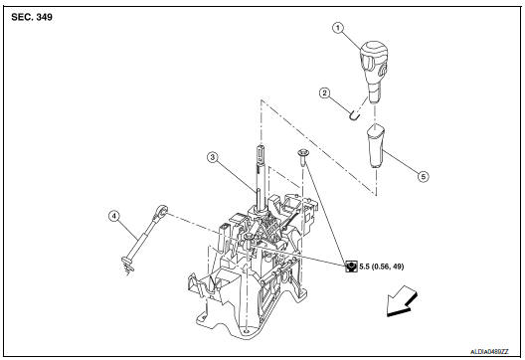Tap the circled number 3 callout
click(212, 157)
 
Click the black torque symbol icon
click(351, 267)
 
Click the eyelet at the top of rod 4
click(163, 211)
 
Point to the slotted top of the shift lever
click(257, 157)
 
